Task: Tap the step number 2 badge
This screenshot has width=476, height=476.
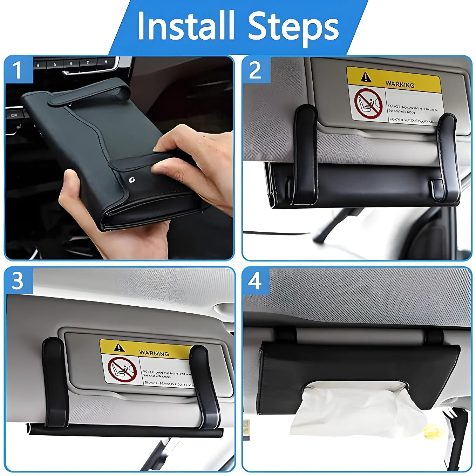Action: coord(256,70)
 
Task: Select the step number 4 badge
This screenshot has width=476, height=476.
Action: coord(255,281)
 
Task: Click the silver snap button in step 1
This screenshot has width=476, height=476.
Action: coord(131,178)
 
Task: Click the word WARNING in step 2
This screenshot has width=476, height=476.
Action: coord(400,84)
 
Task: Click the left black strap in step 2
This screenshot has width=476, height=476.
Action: coord(305,154)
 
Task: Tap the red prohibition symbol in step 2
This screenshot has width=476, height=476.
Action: coord(368,104)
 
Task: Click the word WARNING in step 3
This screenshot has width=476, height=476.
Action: coord(154,353)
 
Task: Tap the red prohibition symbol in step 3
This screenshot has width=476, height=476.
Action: coord(122,369)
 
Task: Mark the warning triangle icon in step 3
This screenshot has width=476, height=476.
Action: coord(119,347)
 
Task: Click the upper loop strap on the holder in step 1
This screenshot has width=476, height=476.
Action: coord(91,93)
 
